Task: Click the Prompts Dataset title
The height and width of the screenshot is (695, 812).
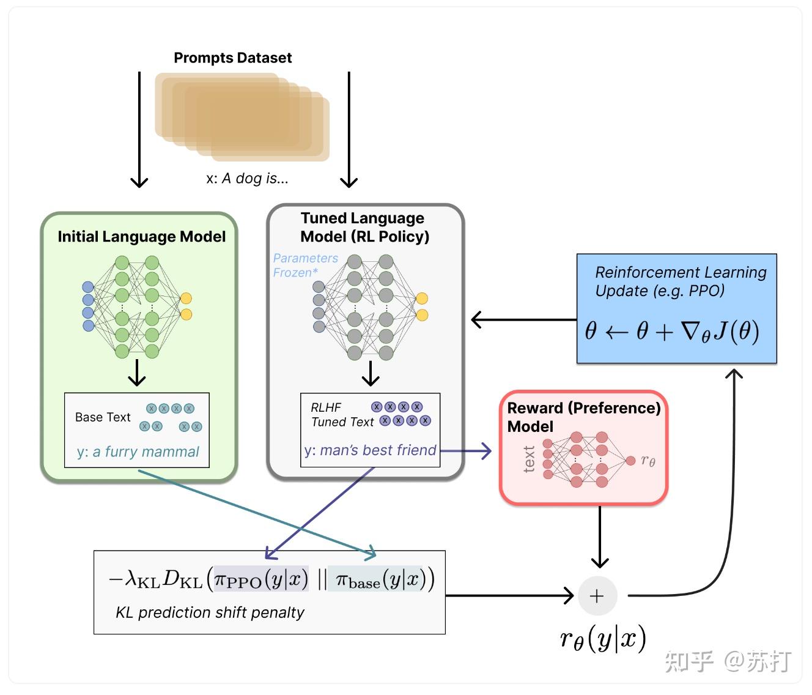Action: (x=232, y=58)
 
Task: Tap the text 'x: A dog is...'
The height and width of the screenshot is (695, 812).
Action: (x=247, y=178)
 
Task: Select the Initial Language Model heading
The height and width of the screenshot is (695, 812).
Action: (x=141, y=237)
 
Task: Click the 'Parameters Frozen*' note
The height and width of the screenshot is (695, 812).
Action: (x=304, y=266)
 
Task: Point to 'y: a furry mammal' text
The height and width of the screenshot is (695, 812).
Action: (x=138, y=452)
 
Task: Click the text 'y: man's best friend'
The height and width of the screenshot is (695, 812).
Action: (x=370, y=450)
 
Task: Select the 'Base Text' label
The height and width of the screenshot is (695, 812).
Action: (x=103, y=417)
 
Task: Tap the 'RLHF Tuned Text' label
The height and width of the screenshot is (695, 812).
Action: (x=341, y=415)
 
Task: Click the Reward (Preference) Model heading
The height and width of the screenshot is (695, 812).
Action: (x=583, y=417)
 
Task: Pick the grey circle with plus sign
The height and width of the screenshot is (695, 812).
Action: (x=597, y=596)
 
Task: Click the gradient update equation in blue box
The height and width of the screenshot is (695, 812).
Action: (x=671, y=331)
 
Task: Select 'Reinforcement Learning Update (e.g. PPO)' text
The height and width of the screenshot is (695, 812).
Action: (x=680, y=281)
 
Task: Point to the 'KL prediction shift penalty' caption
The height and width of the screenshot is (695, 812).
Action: (x=210, y=612)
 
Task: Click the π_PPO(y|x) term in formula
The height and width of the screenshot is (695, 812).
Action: (x=260, y=579)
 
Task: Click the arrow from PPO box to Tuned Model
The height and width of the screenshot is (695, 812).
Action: (x=523, y=319)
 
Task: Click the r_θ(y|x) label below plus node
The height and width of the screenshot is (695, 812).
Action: (x=603, y=639)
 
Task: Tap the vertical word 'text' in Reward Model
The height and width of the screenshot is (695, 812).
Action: (x=530, y=459)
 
